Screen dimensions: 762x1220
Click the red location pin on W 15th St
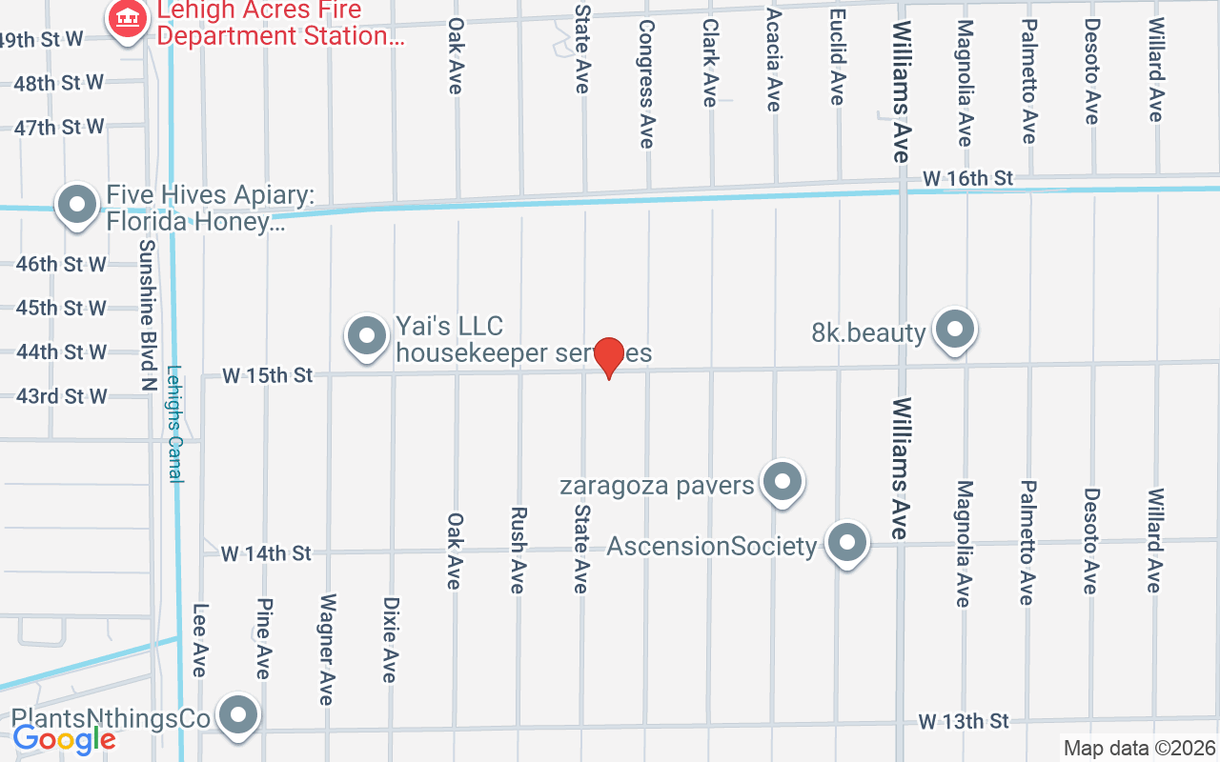tap(609, 356)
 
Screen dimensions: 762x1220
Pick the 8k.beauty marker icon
tap(954, 330)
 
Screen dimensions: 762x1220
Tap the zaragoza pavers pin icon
tap(783, 483)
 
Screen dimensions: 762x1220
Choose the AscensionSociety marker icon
tap(846, 544)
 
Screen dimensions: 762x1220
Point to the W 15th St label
tap(268, 375)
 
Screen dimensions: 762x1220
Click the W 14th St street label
tap(266, 552)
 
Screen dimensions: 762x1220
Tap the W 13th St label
tap(964, 721)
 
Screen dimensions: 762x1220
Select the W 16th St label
tap(966, 178)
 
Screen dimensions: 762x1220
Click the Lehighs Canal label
tap(174, 425)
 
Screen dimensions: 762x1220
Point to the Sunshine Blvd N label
tap(147, 301)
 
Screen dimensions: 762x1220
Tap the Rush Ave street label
tap(518, 550)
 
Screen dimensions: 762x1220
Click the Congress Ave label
tap(647, 84)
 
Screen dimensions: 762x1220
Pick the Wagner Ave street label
tap(327, 650)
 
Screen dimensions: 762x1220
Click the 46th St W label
tap(61, 264)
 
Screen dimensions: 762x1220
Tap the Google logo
tap(64, 738)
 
